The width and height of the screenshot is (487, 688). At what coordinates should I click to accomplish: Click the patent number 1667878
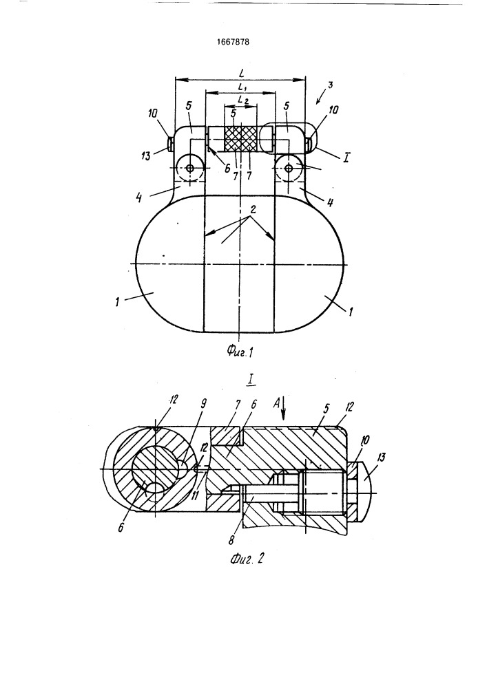(x=234, y=42)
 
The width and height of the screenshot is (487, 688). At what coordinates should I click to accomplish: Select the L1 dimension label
(x=240, y=86)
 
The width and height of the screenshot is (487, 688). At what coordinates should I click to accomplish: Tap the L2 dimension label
(x=243, y=100)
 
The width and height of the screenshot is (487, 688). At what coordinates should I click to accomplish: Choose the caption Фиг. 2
(x=247, y=559)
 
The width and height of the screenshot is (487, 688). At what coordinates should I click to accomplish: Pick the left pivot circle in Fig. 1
(x=190, y=168)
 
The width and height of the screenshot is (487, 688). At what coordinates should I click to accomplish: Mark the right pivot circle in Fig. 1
(x=289, y=168)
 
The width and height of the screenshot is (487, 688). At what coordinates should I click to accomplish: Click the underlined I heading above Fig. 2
(x=251, y=380)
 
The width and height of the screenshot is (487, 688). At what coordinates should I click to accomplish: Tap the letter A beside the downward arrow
(x=276, y=402)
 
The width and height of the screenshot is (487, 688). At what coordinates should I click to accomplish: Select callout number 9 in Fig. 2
(x=203, y=402)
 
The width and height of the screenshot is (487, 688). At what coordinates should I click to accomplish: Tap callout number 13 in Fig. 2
(x=381, y=458)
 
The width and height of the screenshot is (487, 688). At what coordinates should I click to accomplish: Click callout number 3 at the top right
(x=330, y=85)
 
